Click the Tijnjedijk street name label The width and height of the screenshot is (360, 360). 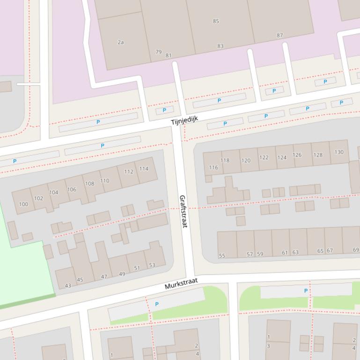pyautogui.click(x=184, y=120)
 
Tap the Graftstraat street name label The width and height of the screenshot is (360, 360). pyautogui.click(x=183, y=211)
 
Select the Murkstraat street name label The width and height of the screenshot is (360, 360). pyautogui.click(x=181, y=283)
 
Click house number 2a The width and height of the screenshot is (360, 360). pyautogui.click(x=121, y=42)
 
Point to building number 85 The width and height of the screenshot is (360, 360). pyautogui.click(x=216, y=21)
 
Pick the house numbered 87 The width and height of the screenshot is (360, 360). pyautogui.click(x=280, y=36)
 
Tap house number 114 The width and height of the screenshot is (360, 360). pyautogui.click(x=144, y=169)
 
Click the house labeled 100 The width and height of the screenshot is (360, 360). pyautogui.click(x=23, y=204)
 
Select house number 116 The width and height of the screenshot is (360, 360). pyautogui.click(x=213, y=167)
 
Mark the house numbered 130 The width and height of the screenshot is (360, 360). pyautogui.click(x=339, y=152)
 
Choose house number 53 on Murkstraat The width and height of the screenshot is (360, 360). pyautogui.click(x=152, y=265)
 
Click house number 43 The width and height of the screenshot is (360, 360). pyautogui.click(x=68, y=285)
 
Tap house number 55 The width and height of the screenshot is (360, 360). pyautogui.click(x=222, y=256)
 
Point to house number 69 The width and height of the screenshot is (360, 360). pyautogui.click(x=356, y=250)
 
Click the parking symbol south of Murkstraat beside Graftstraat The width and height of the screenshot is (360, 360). pyautogui.click(x=156, y=304)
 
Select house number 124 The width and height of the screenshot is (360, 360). pyautogui.click(x=282, y=157)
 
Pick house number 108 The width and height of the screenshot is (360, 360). pyautogui.click(x=89, y=184)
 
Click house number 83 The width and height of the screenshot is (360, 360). pyautogui.click(x=220, y=46)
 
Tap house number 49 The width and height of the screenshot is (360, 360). pyautogui.click(x=122, y=274)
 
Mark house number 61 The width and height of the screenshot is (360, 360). pyautogui.click(x=285, y=252)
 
